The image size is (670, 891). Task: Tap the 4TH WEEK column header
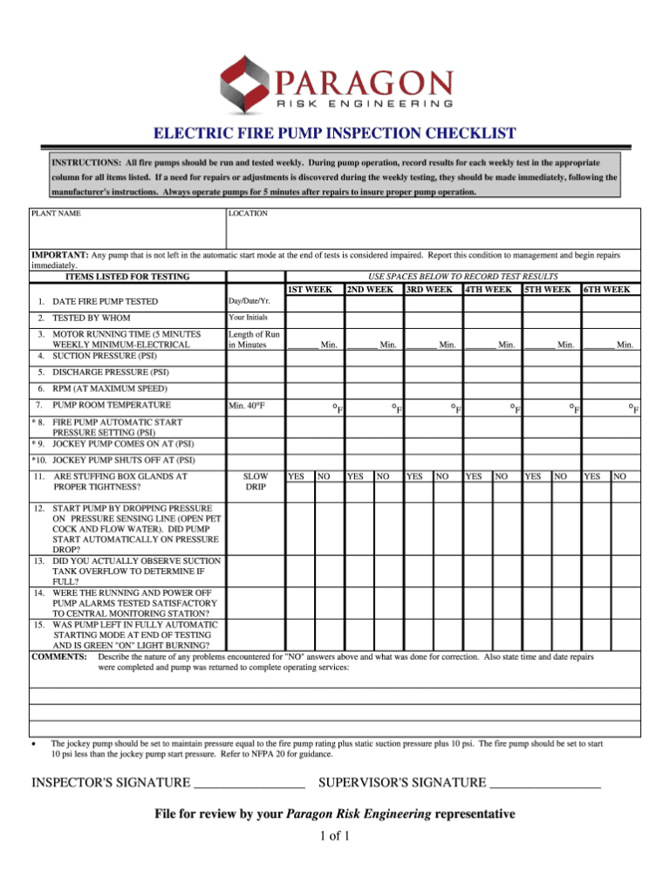490,289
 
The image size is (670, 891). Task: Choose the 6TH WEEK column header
608,289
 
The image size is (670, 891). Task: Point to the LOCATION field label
248,213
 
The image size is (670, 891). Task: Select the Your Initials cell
249,318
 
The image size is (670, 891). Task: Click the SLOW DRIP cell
255,482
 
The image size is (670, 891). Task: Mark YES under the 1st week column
296,476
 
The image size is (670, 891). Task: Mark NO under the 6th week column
619,476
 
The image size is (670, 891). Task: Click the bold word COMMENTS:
58,655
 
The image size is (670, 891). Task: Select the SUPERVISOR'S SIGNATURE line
546,782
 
